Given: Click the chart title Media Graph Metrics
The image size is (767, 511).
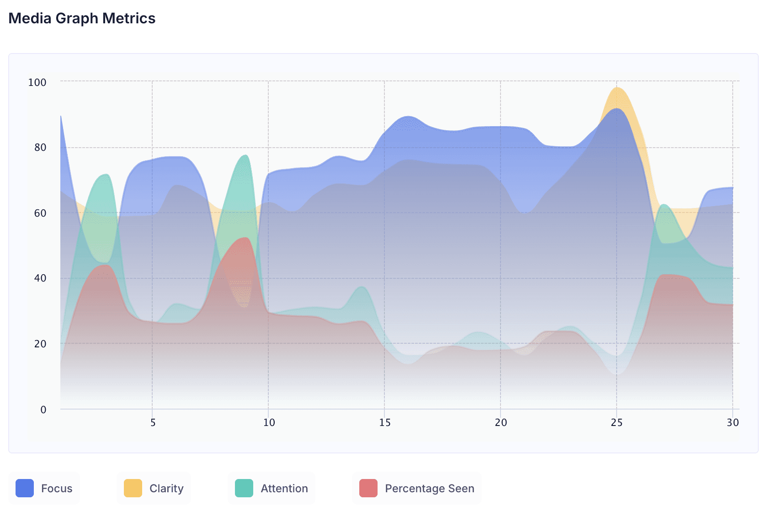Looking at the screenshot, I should click(82, 18).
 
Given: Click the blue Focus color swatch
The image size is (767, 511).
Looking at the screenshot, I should click(25, 488).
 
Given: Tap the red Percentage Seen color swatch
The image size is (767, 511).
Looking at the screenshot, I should click(368, 488).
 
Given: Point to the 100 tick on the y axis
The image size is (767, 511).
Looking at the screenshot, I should click(37, 82).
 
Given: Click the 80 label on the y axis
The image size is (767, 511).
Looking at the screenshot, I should click(40, 147).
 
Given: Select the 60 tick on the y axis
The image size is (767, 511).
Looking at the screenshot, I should click(40, 213).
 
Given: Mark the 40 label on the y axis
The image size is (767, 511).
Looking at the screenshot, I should click(40, 278).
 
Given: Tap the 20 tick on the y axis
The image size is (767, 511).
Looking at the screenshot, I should click(40, 344).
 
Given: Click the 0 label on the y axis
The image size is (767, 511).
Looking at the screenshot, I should click(43, 410).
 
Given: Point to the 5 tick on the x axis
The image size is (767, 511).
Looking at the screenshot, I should click(153, 422).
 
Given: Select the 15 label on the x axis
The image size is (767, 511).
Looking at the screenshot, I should click(384, 422).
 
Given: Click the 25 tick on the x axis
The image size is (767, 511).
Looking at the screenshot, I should click(617, 422).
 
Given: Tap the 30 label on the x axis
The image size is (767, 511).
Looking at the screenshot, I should click(732, 422).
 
